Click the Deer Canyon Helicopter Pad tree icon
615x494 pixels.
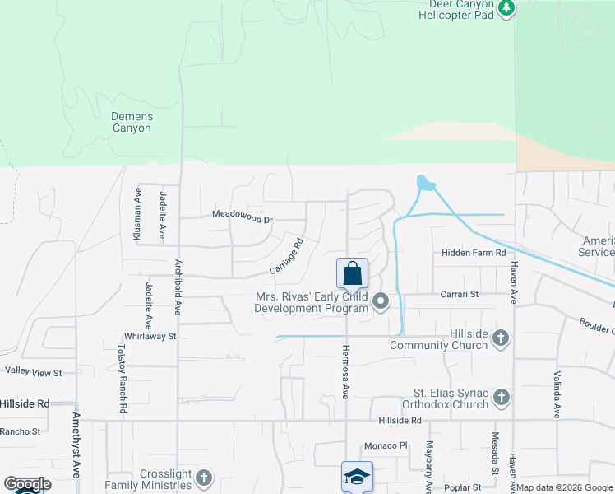[x=507, y=8]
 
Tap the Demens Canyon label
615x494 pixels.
[x=132, y=123]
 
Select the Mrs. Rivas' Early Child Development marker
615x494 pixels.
[x=381, y=302]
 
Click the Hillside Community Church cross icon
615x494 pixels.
[x=501, y=338]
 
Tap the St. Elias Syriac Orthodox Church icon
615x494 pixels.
[x=501, y=398]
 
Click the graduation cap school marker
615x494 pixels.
[x=358, y=478]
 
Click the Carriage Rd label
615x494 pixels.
[x=287, y=257]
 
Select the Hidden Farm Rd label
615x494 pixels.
[x=473, y=253]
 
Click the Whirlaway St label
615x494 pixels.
[x=150, y=336]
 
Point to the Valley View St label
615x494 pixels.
[x=34, y=372]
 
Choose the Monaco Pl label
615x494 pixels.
[x=386, y=445]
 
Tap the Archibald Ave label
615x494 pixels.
[x=178, y=287]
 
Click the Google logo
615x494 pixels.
[x=27, y=484]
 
